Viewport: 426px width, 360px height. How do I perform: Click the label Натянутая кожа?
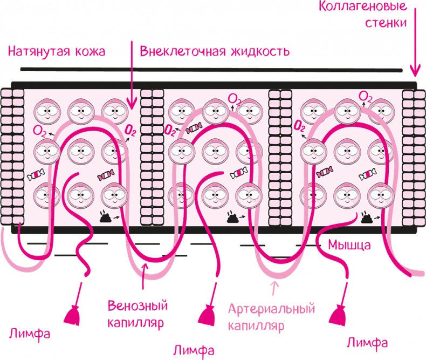[56, 52]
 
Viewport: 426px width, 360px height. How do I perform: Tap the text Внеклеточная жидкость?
[215, 52]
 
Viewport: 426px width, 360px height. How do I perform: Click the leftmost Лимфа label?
[30, 332]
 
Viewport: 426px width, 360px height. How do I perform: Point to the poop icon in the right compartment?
[367, 217]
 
